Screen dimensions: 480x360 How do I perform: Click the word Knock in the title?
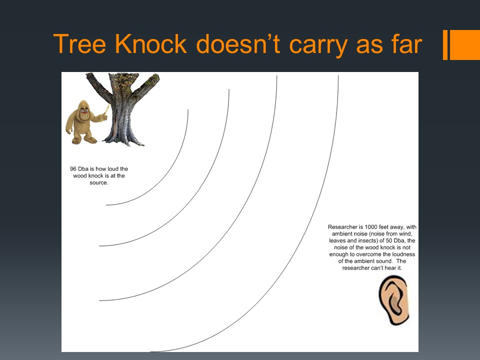pos(151,44)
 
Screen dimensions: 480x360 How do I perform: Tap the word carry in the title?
pos(318,46)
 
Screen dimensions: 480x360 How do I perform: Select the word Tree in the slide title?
pos(79,44)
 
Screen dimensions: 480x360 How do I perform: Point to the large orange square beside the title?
pos(464,44)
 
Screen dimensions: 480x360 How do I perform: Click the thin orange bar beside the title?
pos(445,44)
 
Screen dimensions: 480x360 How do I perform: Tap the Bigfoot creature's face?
pos(84,112)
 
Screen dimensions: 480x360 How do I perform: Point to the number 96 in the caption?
pos(73,169)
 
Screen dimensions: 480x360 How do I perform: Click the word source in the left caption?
pos(98,183)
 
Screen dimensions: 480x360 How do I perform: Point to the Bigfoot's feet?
pos(84,140)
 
